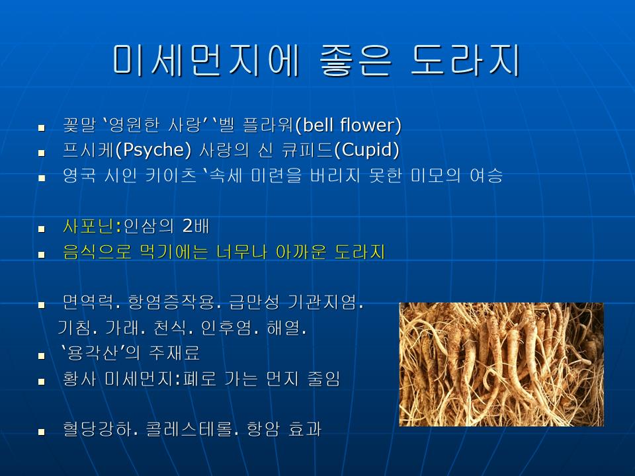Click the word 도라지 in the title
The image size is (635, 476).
click(465, 60)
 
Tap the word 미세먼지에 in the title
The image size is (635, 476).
click(206, 60)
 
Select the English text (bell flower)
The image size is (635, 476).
click(349, 125)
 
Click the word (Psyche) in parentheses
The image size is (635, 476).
click(153, 150)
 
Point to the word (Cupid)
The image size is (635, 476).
click(367, 150)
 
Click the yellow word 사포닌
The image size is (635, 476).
click(88, 226)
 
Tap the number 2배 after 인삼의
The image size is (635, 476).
click(196, 226)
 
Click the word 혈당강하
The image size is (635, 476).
click(100, 430)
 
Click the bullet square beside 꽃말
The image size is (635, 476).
click(41, 128)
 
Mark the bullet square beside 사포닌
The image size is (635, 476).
click(41, 229)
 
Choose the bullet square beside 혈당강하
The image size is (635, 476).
click(41, 432)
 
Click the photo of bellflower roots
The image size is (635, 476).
click(501, 364)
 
